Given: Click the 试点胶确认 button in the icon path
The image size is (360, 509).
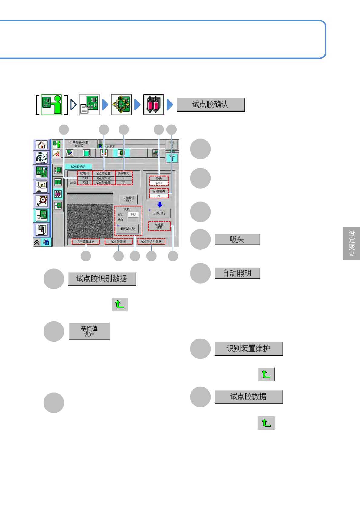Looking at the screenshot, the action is pyautogui.click(x=211, y=105).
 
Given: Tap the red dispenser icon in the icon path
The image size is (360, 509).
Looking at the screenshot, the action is pyautogui.click(x=154, y=105).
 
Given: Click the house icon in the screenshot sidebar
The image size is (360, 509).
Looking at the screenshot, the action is pyautogui.click(x=41, y=145).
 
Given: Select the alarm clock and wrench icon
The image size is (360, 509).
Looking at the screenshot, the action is pyautogui.click(x=41, y=200).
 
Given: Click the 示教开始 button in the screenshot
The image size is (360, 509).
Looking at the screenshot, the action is pyautogui.click(x=159, y=213).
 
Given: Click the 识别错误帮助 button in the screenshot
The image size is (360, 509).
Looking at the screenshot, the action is pyautogui.click(x=128, y=199).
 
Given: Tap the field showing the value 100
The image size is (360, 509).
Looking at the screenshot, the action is pyautogui.click(x=133, y=214).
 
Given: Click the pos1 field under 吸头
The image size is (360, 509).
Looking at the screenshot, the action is pyautogui.click(x=159, y=183).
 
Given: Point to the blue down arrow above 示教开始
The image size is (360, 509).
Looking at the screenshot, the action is pyautogui.click(x=160, y=205).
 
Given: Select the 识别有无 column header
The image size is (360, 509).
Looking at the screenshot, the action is pyautogui.click(x=123, y=173).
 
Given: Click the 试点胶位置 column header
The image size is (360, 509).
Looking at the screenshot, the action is pyautogui.click(x=103, y=173).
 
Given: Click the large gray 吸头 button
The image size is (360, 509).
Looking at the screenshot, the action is pyautogui.click(x=237, y=239).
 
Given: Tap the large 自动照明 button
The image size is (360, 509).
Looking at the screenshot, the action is pyautogui.click(x=237, y=273).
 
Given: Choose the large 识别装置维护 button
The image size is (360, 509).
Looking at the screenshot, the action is pyautogui.click(x=249, y=349).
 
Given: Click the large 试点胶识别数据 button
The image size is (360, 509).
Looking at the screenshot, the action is pyautogui.click(x=102, y=279).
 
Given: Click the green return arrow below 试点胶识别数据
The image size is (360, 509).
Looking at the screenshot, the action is pyautogui.click(x=120, y=304).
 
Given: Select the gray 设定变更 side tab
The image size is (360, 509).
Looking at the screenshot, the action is pyautogui.click(x=352, y=243).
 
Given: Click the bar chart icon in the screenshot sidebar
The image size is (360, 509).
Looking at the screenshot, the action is pyautogui.click(x=41, y=186).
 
